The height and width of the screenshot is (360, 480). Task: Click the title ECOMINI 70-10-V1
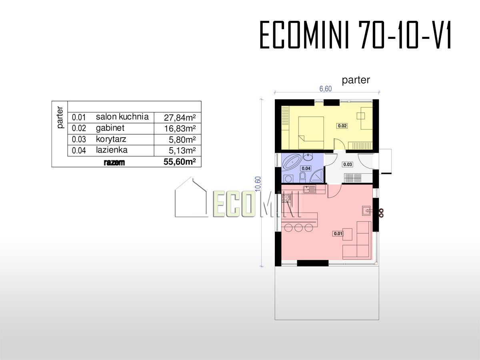pos(355,35)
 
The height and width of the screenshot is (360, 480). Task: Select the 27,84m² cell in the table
pos(180,118)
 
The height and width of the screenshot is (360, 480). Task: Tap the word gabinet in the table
pos(110,128)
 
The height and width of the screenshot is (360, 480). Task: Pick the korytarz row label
pos(111,139)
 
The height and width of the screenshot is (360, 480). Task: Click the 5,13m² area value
pos(182,150)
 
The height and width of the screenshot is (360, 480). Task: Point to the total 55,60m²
pos(180,162)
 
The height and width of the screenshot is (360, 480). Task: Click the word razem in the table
pos(114,162)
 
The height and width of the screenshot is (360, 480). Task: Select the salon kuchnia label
pos(122,117)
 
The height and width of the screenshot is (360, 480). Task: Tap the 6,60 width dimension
pos(326,89)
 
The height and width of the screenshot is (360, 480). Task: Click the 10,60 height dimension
pos(258,184)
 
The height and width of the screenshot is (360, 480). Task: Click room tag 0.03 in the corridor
pos(348,164)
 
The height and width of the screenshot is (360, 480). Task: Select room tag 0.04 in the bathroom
pos(306,168)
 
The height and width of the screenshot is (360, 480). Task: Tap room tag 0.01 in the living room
pos(338,234)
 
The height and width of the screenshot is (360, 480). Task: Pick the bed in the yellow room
pos(311,133)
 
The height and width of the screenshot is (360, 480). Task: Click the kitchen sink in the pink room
pos(309,189)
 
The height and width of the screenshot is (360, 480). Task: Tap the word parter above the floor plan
pos(356,80)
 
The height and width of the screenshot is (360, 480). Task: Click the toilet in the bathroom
pos(303,177)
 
